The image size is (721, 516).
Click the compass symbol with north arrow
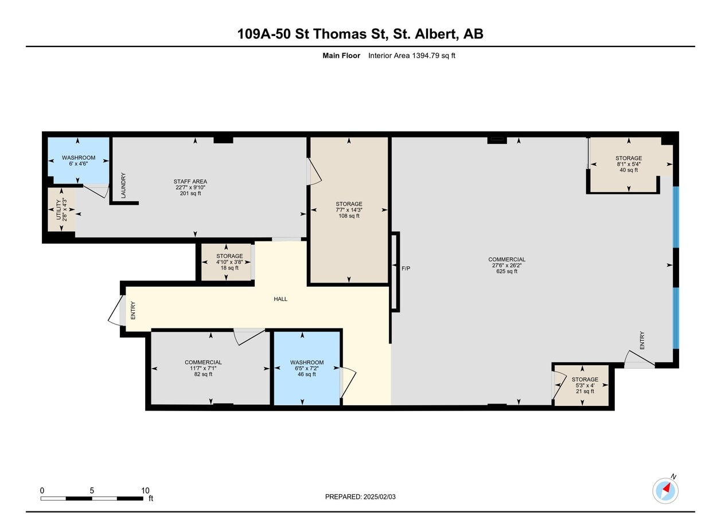coord(665,491)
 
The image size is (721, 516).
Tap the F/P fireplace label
coord(406,268)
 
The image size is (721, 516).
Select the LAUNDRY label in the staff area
coord(123,186)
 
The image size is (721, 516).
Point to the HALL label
coord(280,299)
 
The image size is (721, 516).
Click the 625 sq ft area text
coord(506,271)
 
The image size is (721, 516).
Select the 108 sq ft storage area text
coord(349,216)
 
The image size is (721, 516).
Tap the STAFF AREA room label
coord(190,182)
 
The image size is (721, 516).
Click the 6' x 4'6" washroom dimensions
coord(79,163)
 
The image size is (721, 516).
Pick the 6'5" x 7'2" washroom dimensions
coord(307,368)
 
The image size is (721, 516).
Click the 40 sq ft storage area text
coord(629,170)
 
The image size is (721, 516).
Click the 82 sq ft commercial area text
coord(203,374)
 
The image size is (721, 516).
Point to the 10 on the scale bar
coord(146,490)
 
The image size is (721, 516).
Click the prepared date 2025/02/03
coord(379,497)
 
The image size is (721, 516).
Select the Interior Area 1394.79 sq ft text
coord(411,56)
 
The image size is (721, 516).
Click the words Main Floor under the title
coord(341,56)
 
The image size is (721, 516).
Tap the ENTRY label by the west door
coord(133,310)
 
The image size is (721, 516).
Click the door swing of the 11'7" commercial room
coord(248,337)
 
